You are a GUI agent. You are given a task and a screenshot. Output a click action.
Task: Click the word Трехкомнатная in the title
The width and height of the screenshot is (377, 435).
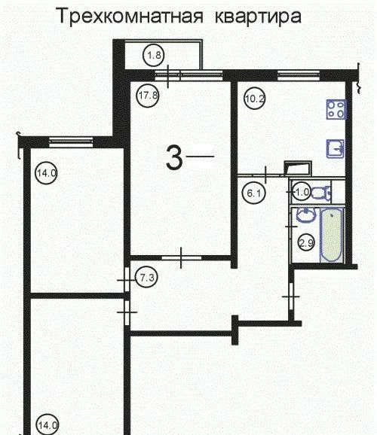coord(130,16)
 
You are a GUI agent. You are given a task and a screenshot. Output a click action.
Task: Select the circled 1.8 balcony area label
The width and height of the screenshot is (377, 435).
coord(154,55)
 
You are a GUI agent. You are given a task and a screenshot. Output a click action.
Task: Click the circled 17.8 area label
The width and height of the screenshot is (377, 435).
coord(148,96)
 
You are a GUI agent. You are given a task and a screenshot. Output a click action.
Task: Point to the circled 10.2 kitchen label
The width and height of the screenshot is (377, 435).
coord(254,99)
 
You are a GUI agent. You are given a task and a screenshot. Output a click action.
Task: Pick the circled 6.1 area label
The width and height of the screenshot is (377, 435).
coord(254,193)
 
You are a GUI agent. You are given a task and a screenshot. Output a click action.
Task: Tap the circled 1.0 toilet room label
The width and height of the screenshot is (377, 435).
coord(302,192)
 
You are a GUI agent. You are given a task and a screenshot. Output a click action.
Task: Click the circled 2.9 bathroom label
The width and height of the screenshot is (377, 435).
coord(306,243)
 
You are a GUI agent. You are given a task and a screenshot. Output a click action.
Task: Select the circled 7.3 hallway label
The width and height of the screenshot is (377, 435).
coord(146,277)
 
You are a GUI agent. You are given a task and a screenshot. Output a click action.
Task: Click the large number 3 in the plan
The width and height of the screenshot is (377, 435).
coord(174,158)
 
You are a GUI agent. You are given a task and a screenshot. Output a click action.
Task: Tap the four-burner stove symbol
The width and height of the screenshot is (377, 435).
coord(336,109)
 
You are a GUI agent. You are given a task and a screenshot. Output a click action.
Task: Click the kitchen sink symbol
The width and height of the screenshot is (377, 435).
coord(336,149)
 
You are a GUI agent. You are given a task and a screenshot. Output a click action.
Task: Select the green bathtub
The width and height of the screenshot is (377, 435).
coord(332,236)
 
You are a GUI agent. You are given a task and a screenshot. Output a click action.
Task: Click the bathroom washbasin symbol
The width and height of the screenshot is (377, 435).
coord(306,214)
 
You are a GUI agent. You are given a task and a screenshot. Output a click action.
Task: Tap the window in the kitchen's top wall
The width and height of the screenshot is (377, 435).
coord(299,75)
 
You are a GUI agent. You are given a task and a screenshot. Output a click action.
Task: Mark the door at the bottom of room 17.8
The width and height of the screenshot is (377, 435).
coord(181,257)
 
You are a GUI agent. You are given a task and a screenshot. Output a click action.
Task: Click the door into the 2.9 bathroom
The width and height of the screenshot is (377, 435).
coord(291,227)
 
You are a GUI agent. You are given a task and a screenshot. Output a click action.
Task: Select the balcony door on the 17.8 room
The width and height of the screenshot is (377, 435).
coord(167,75)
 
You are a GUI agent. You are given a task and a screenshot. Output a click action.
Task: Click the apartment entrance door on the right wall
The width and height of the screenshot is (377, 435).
coord(291,297)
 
